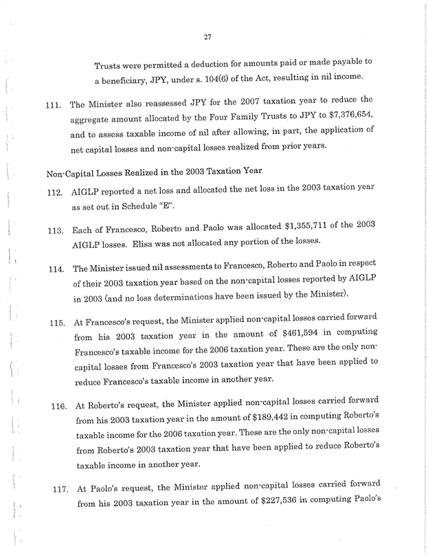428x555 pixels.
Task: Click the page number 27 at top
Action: coord(214,37)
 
